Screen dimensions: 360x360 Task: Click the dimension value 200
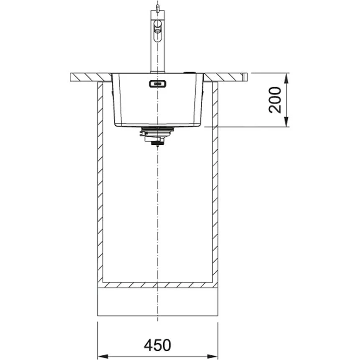(275, 100)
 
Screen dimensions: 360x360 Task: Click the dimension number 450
(157, 345)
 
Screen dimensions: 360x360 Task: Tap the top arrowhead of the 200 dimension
(286, 77)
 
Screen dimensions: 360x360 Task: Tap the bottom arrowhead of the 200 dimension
(286, 123)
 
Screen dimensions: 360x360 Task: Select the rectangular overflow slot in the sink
(157, 84)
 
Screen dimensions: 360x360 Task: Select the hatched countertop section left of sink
(90, 77)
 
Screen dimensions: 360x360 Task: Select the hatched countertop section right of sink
(225, 77)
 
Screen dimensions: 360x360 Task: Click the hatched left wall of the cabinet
(100, 180)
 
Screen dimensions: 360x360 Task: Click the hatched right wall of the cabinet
(215, 180)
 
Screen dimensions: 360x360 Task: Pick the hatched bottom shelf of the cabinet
(157, 285)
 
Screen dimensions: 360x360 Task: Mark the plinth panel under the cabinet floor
(157, 301)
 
